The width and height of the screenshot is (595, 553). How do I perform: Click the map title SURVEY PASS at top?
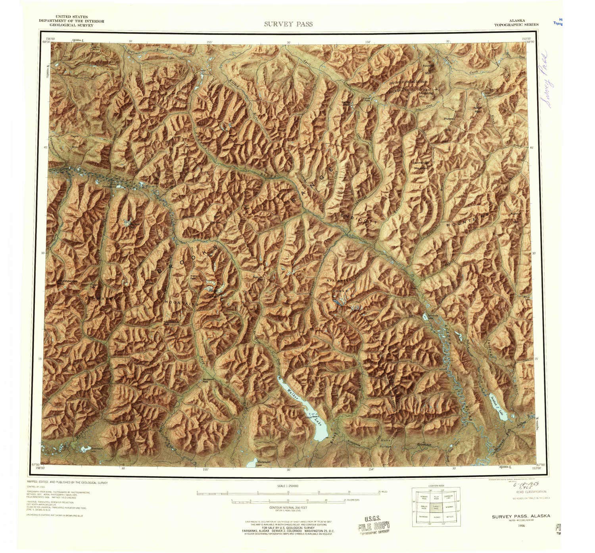[288, 24]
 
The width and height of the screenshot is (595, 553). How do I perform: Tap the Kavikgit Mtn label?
[427, 69]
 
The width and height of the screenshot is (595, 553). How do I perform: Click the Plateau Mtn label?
[449, 119]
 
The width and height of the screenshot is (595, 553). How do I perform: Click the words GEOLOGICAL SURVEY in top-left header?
[71, 25]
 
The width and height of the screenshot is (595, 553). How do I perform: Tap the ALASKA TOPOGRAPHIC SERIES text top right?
[516, 22]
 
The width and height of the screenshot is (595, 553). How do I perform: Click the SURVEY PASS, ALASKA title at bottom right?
[521, 516]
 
